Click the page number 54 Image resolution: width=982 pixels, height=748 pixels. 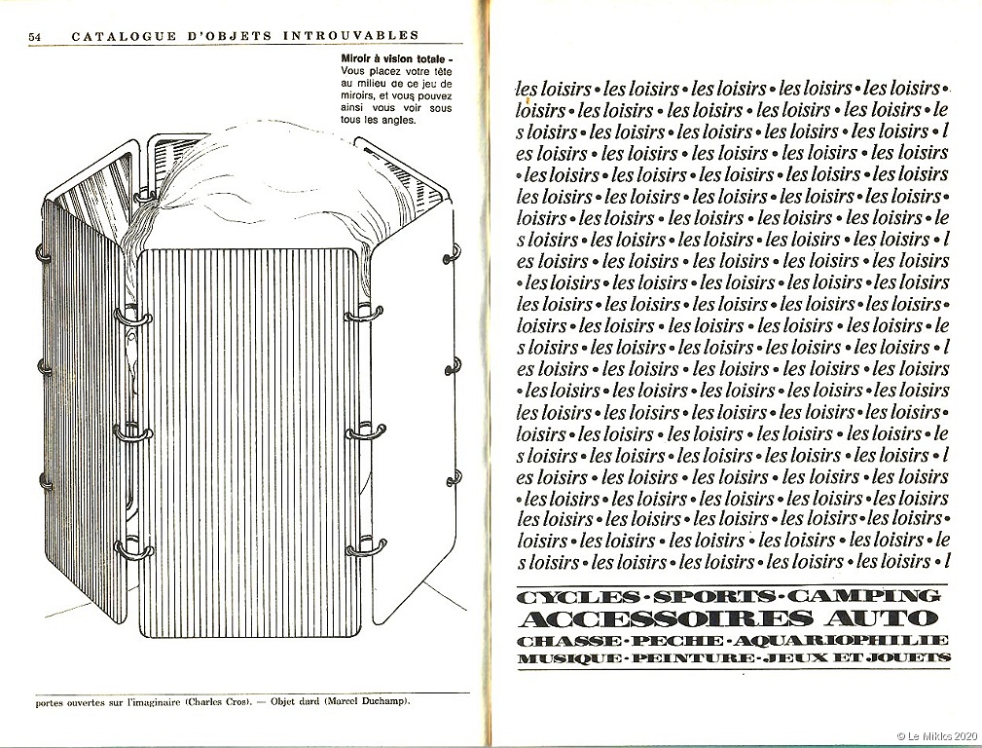(35, 36)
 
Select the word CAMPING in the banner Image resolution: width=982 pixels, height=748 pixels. (880, 596)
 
